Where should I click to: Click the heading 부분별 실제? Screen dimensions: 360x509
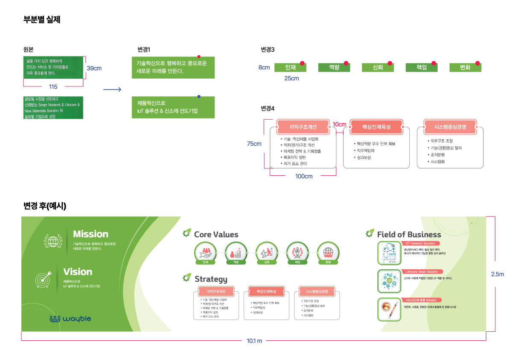pyautogui.click(x=42, y=19)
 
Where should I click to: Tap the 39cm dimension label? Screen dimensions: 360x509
pyautogui.click(x=94, y=68)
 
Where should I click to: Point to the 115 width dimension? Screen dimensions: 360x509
pyautogui.click(x=53, y=87)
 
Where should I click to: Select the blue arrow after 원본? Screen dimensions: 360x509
pyautogui.click(x=112, y=89)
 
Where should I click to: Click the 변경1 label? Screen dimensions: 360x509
pyautogui.click(x=144, y=49)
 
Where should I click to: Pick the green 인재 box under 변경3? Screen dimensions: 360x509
pyautogui.click(x=291, y=68)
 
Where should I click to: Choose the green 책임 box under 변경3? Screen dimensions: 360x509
pyautogui.click(x=421, y=68)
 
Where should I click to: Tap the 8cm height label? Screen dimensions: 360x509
pyautogui.click(x=264, y=68)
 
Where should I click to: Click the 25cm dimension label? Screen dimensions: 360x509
pyautogui.click(x=291, y=78)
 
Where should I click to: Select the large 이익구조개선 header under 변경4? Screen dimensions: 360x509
pyautogui.click(x=303, y=127)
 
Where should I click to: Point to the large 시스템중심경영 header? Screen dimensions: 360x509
pyautogui.click(x=450, y=127)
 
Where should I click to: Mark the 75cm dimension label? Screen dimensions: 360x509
pyautogui.click(x=254, y=144)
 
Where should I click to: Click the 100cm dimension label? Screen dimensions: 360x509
pyautogui.click(x=304, y=176)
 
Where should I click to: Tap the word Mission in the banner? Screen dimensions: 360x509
pyautogui.click(x=91, y=234)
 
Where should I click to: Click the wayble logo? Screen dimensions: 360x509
pyautogui.click(x=70, y=319)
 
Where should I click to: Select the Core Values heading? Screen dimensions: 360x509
pyautogui.click(x=216, y=234)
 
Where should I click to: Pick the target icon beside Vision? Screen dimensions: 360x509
pyautogui.click(x=44, y=279)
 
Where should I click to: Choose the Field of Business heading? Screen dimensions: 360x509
pyautogui.click(x=409, y=234)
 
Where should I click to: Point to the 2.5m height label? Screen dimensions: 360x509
pyautogui.click(x=497, y=274)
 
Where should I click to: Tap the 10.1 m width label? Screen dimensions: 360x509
pyautogui.click(x=254, y=341)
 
